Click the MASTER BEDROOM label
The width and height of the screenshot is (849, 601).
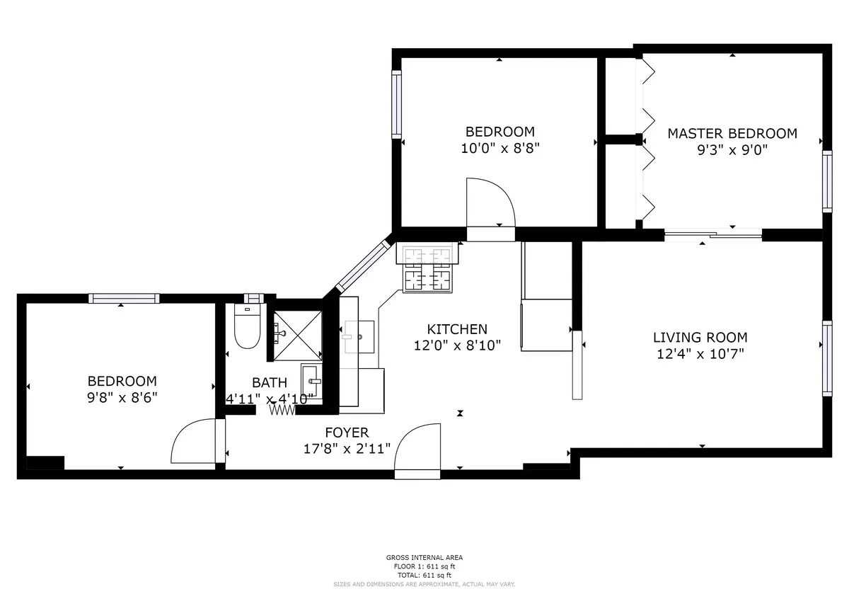coord(732,133)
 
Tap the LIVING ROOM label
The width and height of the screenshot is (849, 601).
coord(700,338)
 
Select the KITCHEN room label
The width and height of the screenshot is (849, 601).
coord(457,329)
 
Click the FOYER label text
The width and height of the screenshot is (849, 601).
coord(347,433)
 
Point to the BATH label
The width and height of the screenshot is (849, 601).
coord(270,383)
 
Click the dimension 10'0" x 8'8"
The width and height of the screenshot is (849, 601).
coord(499,148)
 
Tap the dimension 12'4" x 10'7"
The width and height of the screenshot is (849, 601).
coord(700,354)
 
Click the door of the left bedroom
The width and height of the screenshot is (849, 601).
coord(195,442)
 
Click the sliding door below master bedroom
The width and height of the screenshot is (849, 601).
coord(712,234)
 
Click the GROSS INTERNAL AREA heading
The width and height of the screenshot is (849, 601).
coord(424,558)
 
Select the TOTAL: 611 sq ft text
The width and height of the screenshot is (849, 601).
coord(424,575)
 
